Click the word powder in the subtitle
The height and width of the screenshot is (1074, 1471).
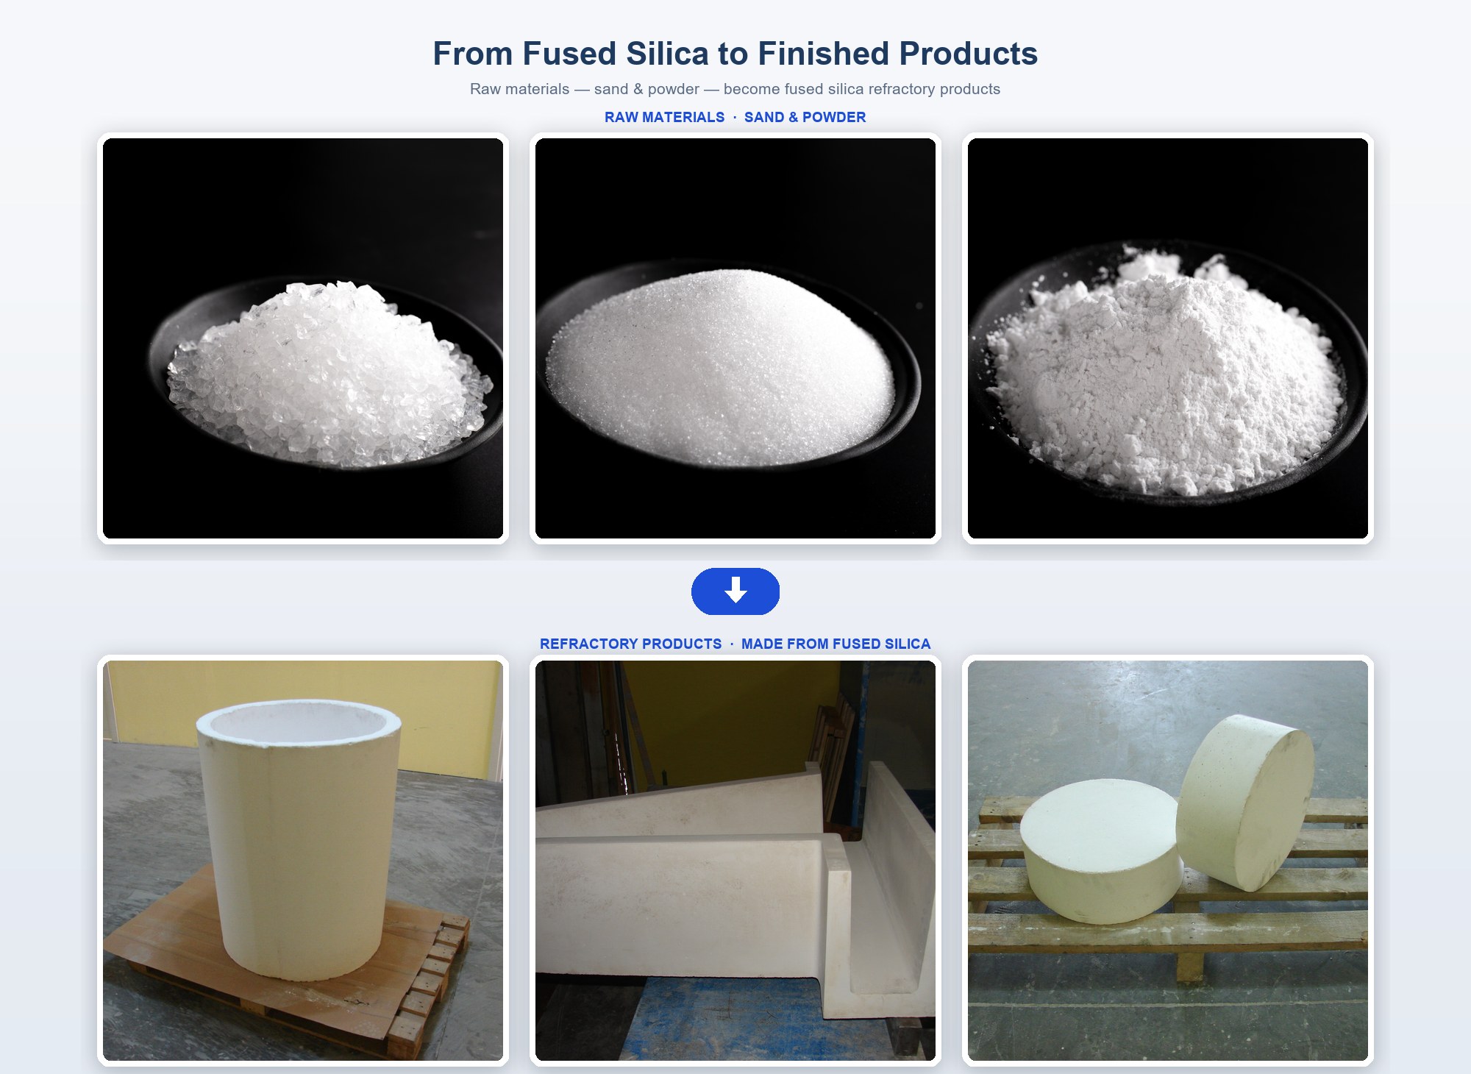674,90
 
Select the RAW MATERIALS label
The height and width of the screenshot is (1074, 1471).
664,117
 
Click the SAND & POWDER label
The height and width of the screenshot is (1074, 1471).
805,117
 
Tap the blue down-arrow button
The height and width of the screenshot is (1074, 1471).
735,591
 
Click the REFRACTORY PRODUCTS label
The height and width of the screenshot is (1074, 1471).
630,644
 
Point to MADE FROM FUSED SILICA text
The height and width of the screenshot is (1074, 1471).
836,644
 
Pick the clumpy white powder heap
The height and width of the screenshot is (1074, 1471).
1166,371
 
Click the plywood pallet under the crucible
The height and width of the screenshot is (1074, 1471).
287,956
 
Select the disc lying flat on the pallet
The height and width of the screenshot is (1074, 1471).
1101,850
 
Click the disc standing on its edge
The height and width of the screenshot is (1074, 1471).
1245,802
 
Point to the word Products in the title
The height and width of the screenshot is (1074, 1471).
968,54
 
